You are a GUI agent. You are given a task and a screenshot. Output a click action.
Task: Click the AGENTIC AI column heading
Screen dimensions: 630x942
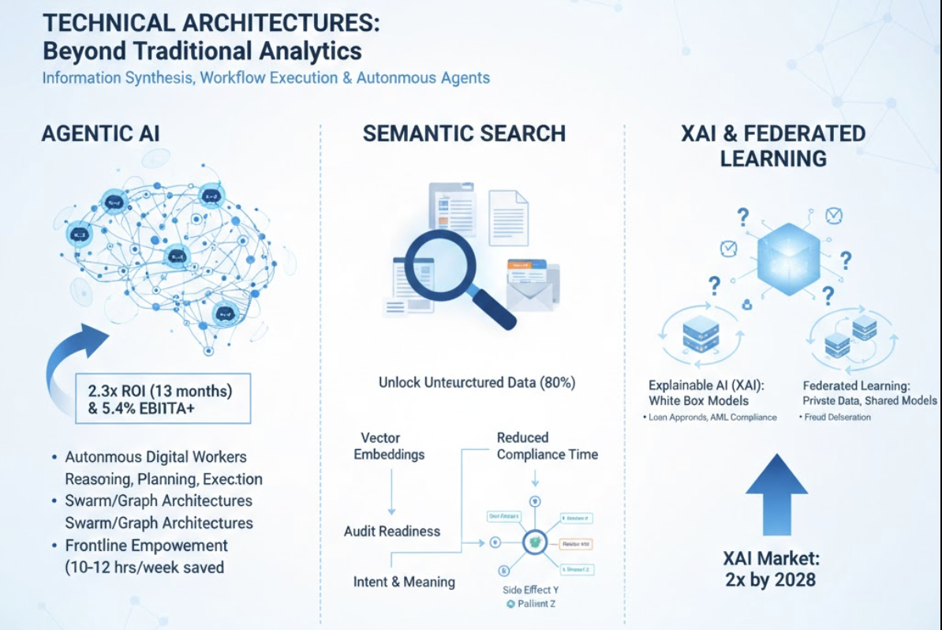(100, 133)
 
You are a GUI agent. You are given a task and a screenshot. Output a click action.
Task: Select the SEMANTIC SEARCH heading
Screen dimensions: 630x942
(464, 133)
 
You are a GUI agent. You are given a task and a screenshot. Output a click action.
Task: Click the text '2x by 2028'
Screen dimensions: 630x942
(771, 580)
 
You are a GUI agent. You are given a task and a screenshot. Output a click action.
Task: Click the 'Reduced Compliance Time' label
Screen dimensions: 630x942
(547, 446)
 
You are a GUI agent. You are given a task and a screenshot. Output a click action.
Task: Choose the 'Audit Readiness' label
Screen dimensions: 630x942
(392, 531)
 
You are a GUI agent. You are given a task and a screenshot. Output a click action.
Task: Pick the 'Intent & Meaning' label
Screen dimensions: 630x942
(404, 582)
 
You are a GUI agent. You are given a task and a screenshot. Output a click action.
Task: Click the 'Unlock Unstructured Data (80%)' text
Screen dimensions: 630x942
(477, 383)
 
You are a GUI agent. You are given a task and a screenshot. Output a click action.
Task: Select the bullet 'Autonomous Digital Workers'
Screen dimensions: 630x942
(155, 457)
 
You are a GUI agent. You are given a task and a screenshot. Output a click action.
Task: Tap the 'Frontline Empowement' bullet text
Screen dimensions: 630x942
(146, 546)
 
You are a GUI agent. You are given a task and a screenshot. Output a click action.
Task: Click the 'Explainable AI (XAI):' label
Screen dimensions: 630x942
(709, 386)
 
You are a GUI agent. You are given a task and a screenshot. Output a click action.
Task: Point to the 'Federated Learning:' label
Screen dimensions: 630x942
(856, 386)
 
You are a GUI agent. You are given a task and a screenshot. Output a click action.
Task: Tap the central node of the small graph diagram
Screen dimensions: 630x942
(535, 542)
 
